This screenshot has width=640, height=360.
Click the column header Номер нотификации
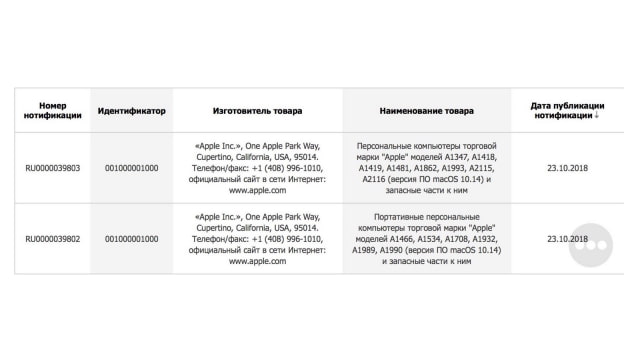[x=53, y=110]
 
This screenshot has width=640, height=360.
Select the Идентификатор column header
[x=132, y=110]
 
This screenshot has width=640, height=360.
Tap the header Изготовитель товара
[x=257, y=110]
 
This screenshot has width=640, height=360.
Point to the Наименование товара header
[x=427, y=110]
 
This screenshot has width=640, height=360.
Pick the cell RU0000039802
[x=53, y=239]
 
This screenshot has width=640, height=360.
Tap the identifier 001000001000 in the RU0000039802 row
[x=132, y=239]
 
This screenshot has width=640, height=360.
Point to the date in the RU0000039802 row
[x=566, y=239]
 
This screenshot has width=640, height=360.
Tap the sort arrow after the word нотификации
[x=597, y=116]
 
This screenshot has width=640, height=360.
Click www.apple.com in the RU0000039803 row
[x=257, y=189]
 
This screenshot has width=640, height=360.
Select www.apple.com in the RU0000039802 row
[x=257, y=261]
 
